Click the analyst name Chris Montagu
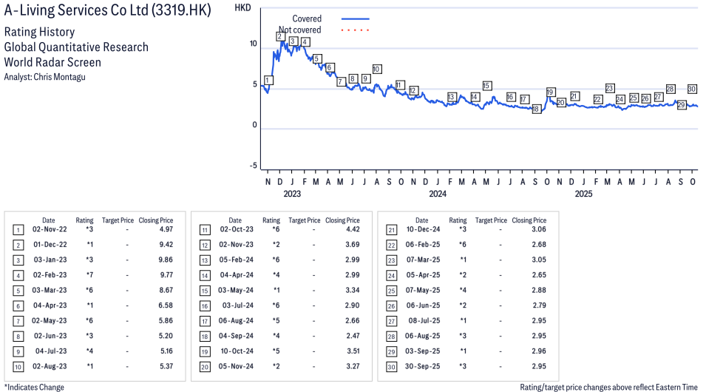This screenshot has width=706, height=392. click(x=44, y=77)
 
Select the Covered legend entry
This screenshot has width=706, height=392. click(x=307, y=18)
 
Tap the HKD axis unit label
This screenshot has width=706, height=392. click(x=242, y=7)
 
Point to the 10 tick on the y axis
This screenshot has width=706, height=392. click(x=253, y=44)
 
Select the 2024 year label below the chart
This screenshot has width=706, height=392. click(x=438, y=195)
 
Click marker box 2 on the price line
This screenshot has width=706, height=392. click(x=280, y=36)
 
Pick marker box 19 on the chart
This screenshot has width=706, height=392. click(x=551, y=92)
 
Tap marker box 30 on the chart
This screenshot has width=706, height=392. click(x=692, y=89)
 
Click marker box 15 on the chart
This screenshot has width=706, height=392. click(x=486, y=86)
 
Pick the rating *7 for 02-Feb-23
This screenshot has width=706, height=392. click(x=89, y=274)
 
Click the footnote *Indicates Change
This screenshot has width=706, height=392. click(x=34, y=387)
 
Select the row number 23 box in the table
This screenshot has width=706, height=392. click(x=391, y=260)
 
